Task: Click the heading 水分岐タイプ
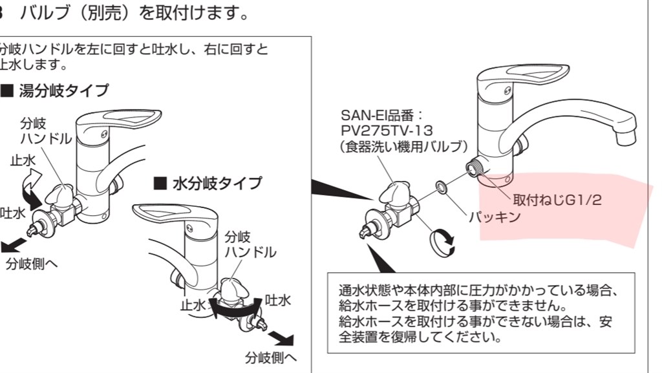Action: point(208,184)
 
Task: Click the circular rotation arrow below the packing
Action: point(442,242)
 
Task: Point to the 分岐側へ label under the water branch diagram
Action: point(270,358)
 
